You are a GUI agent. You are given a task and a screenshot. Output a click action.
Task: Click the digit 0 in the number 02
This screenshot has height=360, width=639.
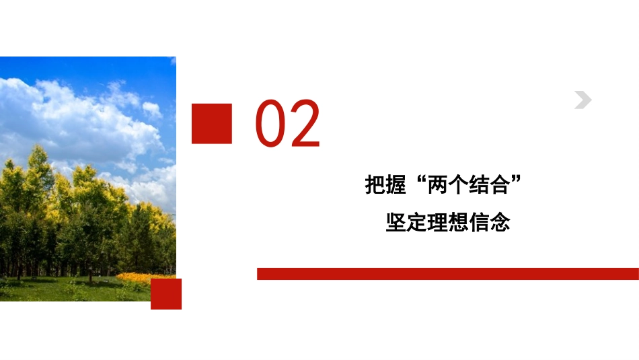pyautogui.click(x=270, y=124)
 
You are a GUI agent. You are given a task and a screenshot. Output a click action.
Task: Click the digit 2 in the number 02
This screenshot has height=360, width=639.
pyautogui.click(x=304, y=124)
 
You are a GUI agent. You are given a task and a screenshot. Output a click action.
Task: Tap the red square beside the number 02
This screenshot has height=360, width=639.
pyautogui.click(x=212, y=123)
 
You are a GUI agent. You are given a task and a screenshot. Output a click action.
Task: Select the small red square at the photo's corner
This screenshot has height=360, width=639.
pyautogui.click(x=166, y=294)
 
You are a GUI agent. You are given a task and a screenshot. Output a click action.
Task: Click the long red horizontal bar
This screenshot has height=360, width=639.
pyautogui.click(x=447, y=273)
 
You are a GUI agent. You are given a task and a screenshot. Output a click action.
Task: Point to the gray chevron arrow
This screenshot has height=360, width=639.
pyautogui.click(x=582, y=100)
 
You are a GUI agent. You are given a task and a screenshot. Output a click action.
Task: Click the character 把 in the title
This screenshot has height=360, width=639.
pyautogui.click(x=376, y=185)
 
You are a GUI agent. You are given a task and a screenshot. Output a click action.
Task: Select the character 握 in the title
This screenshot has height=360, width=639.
pyautogui.click(x=398, y=185)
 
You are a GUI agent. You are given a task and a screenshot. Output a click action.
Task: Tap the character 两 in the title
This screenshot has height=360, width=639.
pyautogui.click(x=440, y=185)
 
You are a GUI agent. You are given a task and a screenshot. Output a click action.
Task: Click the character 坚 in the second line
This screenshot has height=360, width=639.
pyautogui.click(x=396, y=221)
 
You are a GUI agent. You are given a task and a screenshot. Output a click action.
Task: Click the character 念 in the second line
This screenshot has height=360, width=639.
pyautogui.click(x=500, y=221)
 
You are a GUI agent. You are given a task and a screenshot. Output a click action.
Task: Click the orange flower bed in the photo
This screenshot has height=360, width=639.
pyautogui.click(x=138, y=277)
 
